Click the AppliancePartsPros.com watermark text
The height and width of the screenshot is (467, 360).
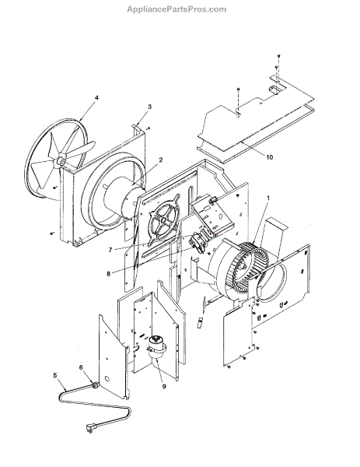[x=177, y=9]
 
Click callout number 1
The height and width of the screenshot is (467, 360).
[x=267, y=198]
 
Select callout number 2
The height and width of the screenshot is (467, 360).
[x=161, y=160]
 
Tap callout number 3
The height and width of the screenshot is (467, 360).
[x=149, y=107]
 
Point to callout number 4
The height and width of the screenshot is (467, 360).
[x=96, y=98]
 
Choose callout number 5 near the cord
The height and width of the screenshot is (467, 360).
[x=55, y=376]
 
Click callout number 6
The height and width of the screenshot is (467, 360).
[x=81, y=367]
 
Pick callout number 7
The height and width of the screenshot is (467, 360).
[x=110, y=250]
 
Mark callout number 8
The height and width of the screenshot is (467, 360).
[x=108, y=273]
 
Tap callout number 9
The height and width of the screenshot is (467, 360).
[x=164, y=386]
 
